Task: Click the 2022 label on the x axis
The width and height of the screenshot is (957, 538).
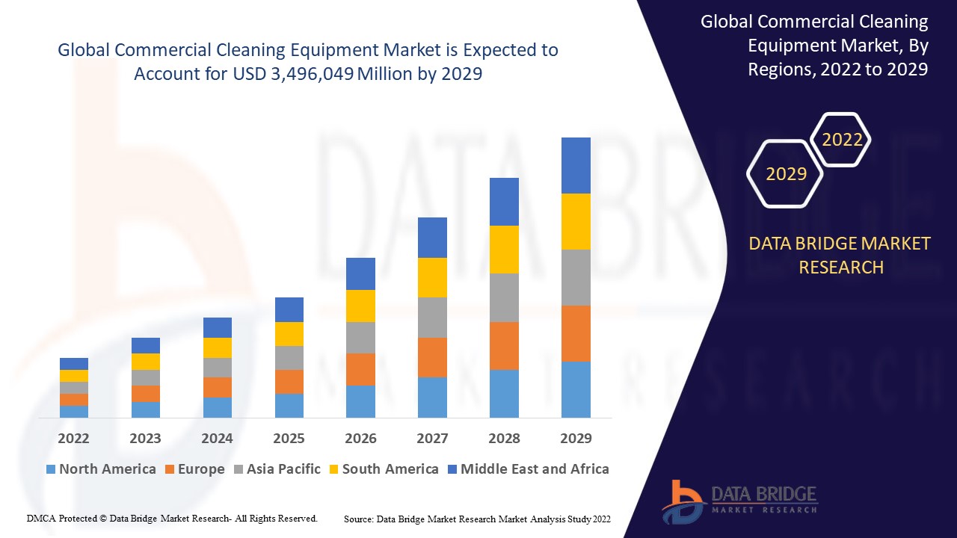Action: [x=73, y=438]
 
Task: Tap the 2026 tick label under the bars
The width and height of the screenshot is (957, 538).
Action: [x=360, y=438]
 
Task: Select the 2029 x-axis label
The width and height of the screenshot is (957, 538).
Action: [x=576, y=438]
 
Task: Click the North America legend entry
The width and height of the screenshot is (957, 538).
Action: [x=101, y=469]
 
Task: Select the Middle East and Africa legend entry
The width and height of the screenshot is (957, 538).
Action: [x=528, y=469]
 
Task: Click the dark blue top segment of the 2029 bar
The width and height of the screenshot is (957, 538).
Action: [x=576, y=165]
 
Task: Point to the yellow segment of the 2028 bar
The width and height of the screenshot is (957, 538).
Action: [x=504, y=249]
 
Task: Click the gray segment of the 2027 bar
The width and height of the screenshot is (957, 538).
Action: [x=432, y=318]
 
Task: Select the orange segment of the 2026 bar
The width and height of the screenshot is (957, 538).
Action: [x=360, y=369]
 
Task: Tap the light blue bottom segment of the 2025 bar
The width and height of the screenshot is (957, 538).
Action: [x=289, y=405]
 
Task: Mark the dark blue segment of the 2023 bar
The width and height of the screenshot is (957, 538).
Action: [x=145, y=345]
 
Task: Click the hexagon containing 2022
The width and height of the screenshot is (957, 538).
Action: [x=842, y=140]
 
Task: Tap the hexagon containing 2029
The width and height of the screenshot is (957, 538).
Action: [x=786, y=174]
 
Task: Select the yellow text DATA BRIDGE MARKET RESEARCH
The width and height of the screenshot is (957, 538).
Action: [x=840, y=255]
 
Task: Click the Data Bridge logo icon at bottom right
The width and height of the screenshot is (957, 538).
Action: [x=682, y=500]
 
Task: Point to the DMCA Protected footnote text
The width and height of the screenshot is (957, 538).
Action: [x=172, y=518]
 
